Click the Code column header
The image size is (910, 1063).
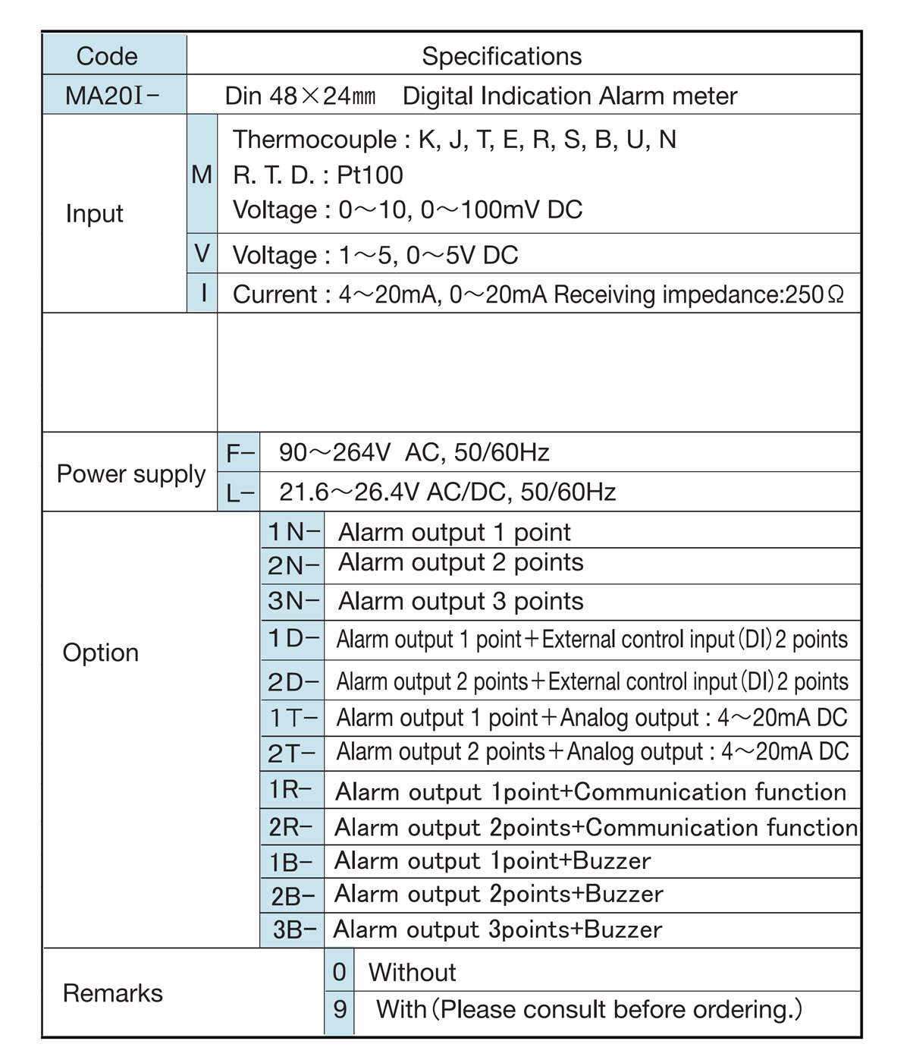107,56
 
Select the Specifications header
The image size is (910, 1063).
501,56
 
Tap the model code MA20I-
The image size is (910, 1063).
112,96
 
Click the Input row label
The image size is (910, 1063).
94,213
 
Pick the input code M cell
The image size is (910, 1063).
202,175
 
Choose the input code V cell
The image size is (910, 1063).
202,253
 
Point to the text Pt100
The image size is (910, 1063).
370,175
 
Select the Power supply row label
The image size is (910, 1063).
131,473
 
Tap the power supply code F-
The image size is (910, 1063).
239,453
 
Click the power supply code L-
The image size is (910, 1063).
239,493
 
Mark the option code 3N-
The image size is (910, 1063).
293,601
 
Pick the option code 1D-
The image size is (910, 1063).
293,639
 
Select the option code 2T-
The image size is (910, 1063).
292,753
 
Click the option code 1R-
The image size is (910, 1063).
290,791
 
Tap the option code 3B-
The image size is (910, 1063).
293,929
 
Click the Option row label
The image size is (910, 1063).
101,653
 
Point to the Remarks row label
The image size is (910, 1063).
113,993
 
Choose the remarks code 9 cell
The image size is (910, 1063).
340,1009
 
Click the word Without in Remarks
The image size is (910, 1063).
412,973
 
